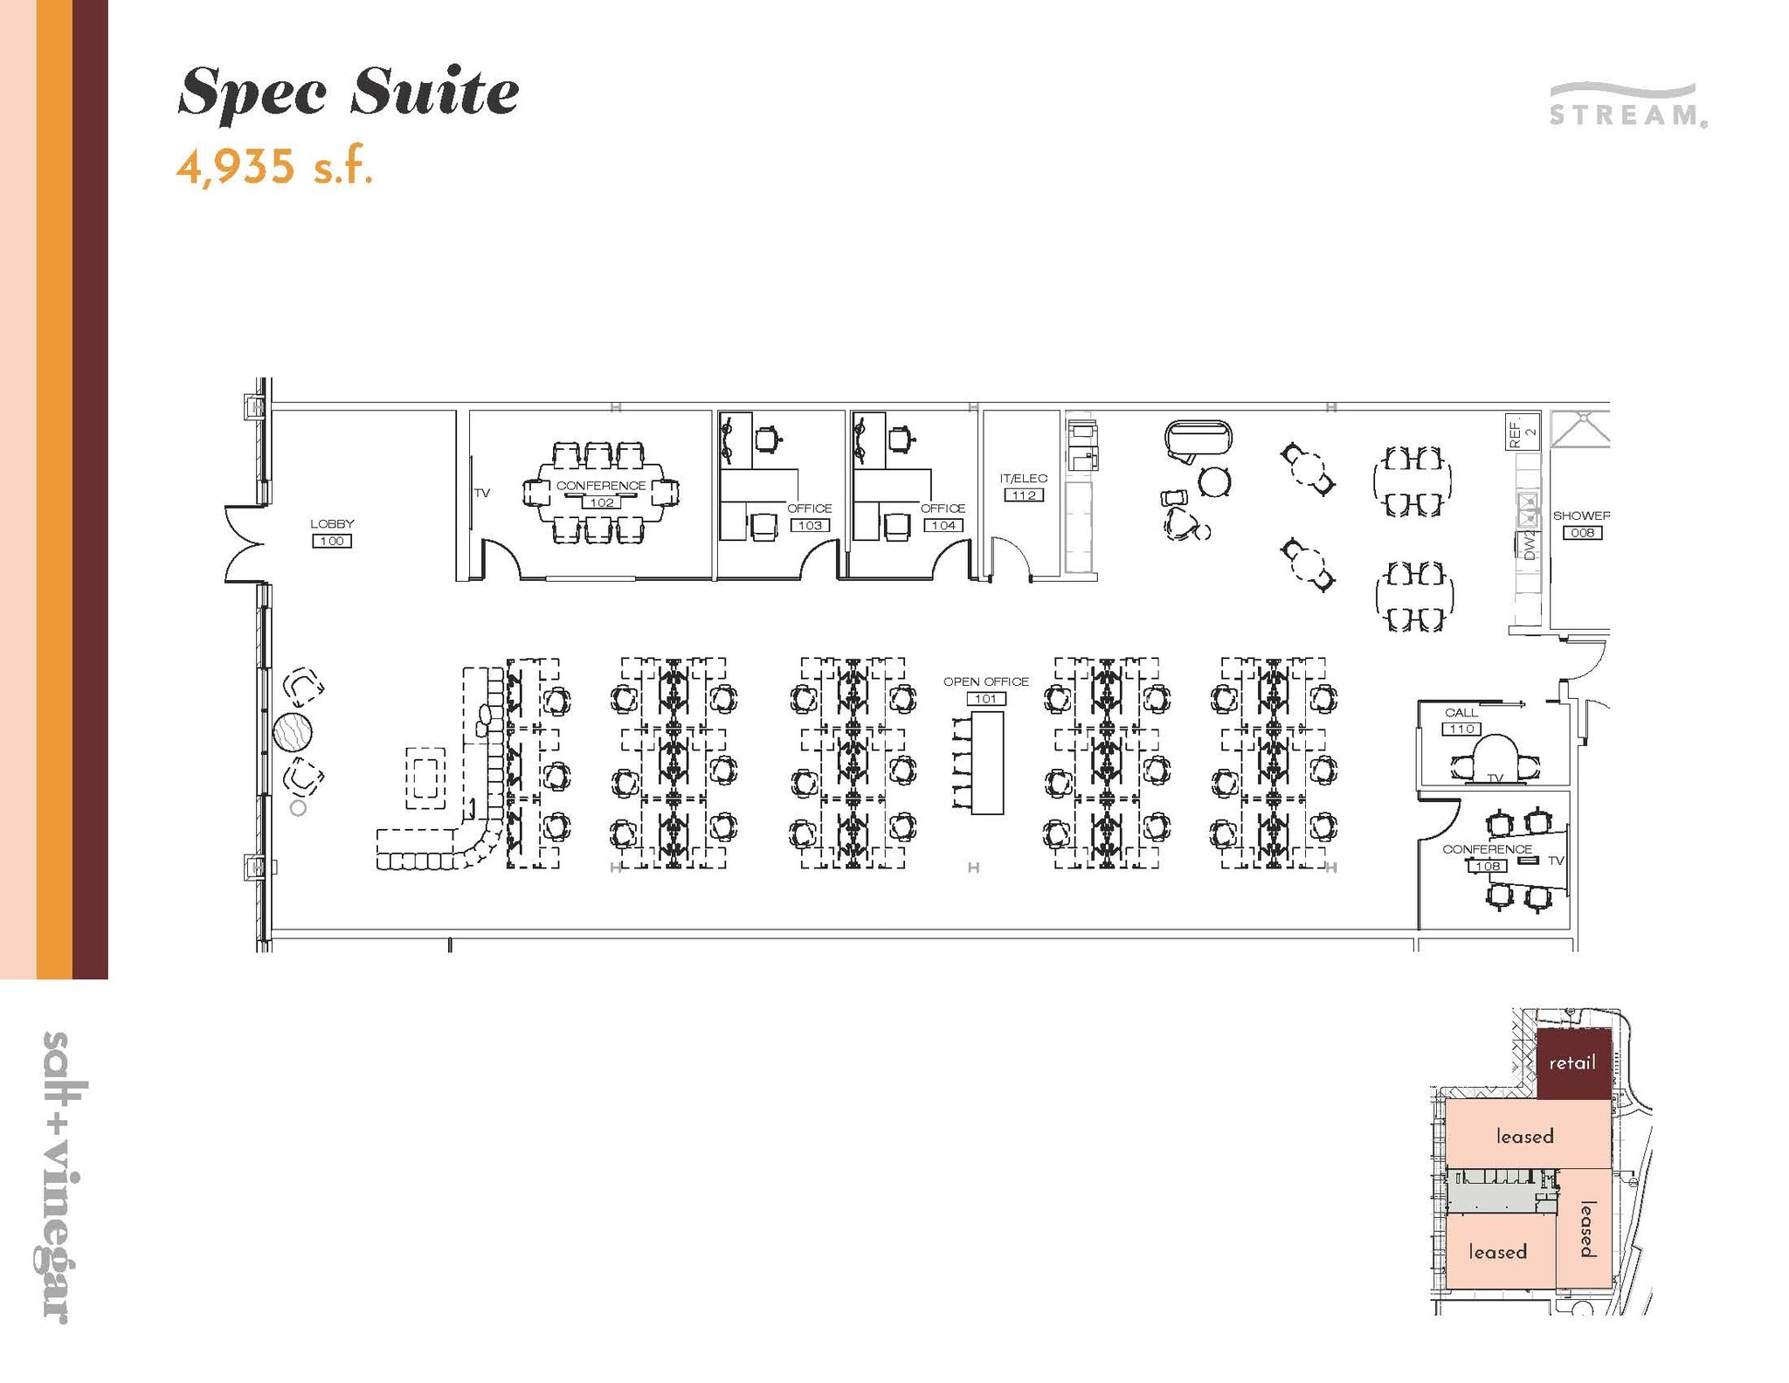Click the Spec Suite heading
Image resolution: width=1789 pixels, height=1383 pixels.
[348, 92]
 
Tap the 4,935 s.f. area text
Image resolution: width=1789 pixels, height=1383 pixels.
[274, 166]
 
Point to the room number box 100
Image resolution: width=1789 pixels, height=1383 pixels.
[332, 541]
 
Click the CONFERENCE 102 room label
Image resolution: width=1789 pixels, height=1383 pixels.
[600, 486]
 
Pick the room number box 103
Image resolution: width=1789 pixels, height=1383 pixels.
[809, 525]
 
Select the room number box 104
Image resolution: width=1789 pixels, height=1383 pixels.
[943, 525]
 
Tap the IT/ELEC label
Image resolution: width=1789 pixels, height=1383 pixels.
[1023, 479]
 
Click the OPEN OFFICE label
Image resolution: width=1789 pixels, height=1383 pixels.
[985, 681]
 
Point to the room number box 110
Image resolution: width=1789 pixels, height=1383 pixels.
[1461, 729]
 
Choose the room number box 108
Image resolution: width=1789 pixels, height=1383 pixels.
[1487, 866]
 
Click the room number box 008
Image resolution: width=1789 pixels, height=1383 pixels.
[1582, 533]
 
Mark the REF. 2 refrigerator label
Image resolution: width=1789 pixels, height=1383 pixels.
[1522, 432]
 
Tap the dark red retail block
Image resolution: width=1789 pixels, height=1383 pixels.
[1572, 1063]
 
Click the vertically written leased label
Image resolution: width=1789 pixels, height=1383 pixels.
[1586, 1228]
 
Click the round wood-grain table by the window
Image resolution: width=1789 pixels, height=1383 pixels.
[293, 732]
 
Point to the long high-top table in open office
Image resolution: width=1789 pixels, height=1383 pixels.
[987, 763]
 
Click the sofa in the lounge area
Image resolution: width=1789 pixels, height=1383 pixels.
[1198, 438]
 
